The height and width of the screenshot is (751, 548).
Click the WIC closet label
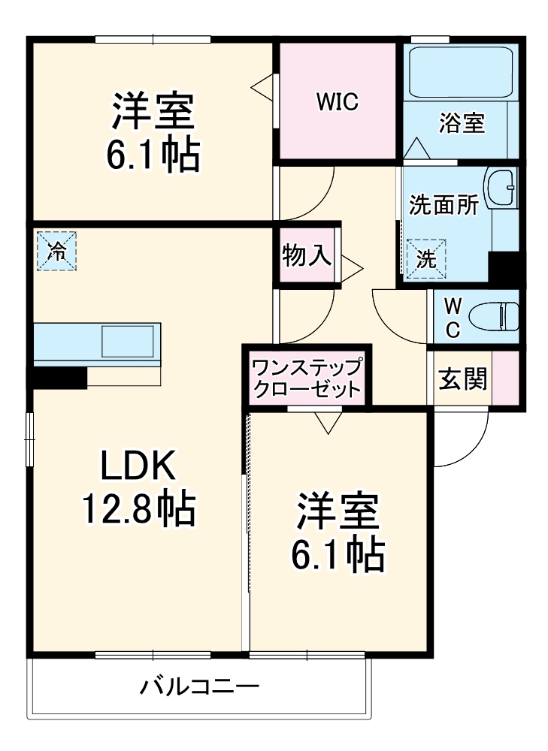(337, 102)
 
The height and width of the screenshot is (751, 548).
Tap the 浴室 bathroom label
(462, 123)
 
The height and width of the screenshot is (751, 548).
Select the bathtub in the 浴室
(461, 71)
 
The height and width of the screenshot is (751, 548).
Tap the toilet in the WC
(497, 316)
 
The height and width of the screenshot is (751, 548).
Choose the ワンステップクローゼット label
(307, 379)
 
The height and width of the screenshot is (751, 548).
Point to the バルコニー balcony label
(199, 686)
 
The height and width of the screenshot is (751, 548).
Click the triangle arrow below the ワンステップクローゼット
(328, 423)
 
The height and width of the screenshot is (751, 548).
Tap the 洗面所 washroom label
(443, 207)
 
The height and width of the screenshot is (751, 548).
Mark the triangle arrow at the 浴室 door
(416, 148)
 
